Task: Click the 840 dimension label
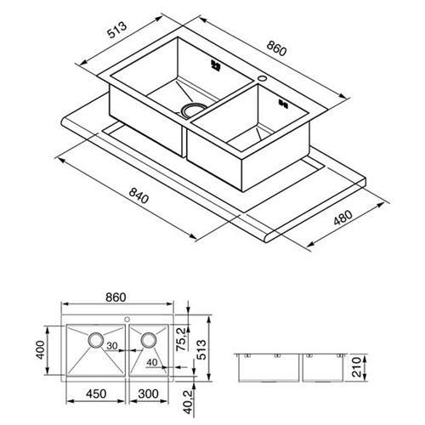click(139, 195)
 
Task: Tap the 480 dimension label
click(343, 218)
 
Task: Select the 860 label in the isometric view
click(276, 48)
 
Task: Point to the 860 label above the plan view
click(116, 297)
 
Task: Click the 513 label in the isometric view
click(116, 30)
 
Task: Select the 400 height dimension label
click(41, 350)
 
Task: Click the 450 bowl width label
click(96, 394)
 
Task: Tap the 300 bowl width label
click(149, 394)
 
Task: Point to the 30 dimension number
click(112, 346)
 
